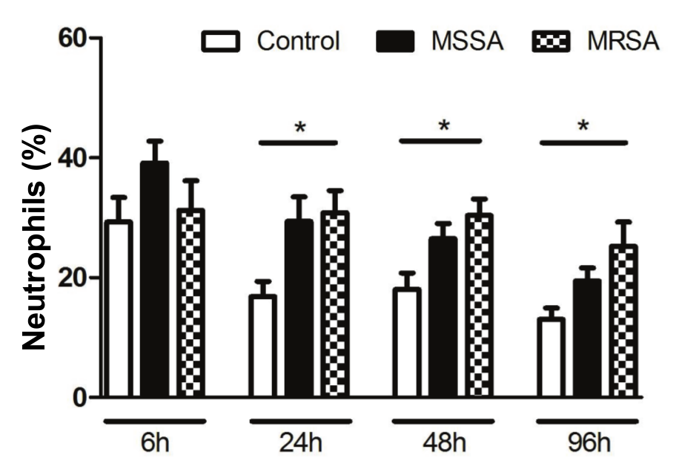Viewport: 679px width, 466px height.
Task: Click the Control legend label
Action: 298,42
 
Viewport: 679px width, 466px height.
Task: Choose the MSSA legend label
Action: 467,42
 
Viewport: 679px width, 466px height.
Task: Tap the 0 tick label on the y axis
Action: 79,397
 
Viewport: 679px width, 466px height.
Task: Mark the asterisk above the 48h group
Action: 443,126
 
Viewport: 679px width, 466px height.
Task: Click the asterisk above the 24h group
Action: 299,128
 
